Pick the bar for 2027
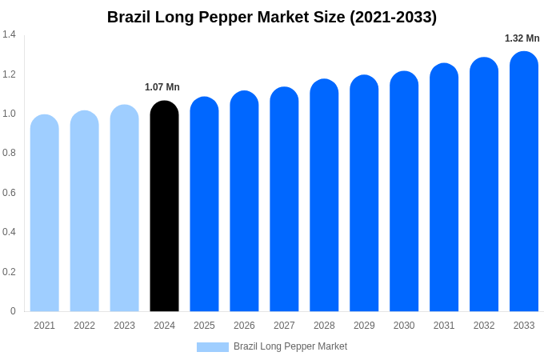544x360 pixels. tap(284, 199)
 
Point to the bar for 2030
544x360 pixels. tap(404, 191)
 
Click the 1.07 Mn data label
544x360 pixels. tap(162, 87)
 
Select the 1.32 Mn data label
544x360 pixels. tap(522, 38)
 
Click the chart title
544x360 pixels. tap(272, 17)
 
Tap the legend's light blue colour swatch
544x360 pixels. tap(213, 347)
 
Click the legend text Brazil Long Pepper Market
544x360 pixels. tap(290, 346)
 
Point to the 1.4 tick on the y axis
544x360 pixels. tap(9, 34)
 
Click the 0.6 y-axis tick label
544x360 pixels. tap(9, 193)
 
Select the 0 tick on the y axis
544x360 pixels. tap(13, 311)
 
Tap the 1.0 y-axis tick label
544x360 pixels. tap(9, 114)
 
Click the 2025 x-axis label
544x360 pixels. tap(204, 326)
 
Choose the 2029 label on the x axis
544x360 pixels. tap(364, 326)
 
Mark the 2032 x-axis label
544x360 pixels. tap(484, 326)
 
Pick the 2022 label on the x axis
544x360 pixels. tap(84, 326)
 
